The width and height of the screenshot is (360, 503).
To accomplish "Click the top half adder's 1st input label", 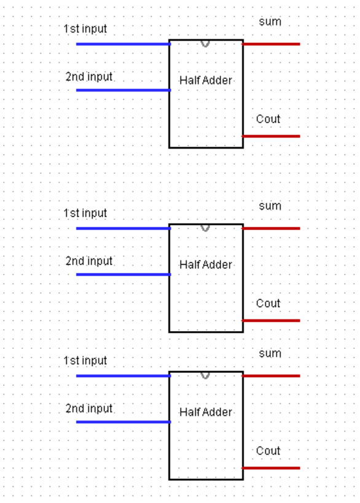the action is tap(85, 29).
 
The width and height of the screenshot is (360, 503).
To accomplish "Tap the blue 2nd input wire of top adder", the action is tap(123, 90).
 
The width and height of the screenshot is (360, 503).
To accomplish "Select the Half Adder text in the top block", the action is tap(206, 80).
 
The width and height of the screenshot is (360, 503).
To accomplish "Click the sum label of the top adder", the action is tap(270, 22).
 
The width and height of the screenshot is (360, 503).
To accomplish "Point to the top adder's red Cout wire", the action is tap(271, 136).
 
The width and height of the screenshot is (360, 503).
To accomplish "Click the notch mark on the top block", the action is tap(205, 44).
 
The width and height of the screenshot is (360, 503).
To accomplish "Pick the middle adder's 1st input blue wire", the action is tap(123, 228).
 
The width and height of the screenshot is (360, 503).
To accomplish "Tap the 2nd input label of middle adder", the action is tap(89, 261).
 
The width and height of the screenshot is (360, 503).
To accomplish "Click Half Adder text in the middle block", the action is tap(206, 265).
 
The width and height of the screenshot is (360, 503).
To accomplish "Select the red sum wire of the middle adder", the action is tap(271, 228).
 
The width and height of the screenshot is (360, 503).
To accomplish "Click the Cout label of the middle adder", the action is tap(268, 303).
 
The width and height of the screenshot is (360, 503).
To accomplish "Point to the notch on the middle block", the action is tap(205, 228).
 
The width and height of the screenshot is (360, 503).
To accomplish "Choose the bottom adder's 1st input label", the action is tap(85, 361).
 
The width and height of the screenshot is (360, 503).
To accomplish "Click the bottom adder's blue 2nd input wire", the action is tap(123, 422).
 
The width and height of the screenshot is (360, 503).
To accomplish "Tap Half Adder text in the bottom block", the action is tap(206, 412).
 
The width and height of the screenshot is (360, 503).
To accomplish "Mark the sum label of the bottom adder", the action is tap(270, 354).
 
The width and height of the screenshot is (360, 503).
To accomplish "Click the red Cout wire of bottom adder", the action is tap(271, 468).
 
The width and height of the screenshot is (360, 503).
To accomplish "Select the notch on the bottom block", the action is tap(205, 375).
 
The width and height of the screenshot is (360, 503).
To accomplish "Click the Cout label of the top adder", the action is tap(268, 119).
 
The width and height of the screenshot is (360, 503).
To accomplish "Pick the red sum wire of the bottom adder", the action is tap(271, 376).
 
